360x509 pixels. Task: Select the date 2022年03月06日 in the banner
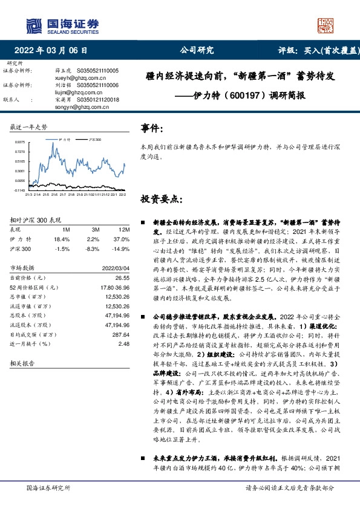[x=54, y=51]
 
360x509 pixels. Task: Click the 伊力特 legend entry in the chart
[x=64, y=139]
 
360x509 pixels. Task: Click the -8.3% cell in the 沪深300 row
[x=93, y=249]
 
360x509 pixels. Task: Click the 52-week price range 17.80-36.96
[x=115, y=287]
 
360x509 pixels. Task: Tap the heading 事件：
[x=152, y=129]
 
